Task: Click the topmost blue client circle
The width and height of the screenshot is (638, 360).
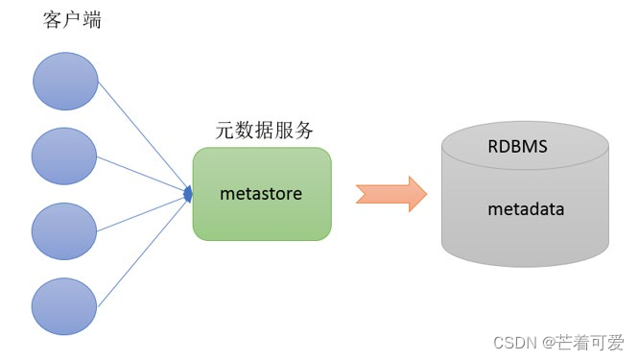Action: tap(65, 81)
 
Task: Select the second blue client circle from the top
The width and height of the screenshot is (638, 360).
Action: tap(65, 156)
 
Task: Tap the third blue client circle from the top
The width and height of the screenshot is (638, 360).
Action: tap(65, 231)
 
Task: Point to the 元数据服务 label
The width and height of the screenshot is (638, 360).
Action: tap(262, 131)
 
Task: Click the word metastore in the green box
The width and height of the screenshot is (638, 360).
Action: tap(261, 194)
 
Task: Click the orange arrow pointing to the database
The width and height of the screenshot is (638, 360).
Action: tap(390, 195)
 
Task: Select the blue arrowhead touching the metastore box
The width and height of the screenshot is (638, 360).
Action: tap(187, 195)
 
